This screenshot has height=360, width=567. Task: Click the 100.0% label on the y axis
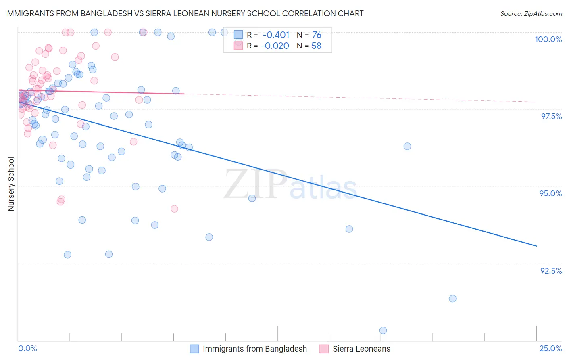(x=548, y=39)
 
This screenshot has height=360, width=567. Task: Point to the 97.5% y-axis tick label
(x=551, y=116)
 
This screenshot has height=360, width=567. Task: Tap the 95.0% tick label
(x=550, y=193)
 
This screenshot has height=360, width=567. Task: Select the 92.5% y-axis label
(x=551, y=271)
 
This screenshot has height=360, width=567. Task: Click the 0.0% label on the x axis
(x=27, y=348)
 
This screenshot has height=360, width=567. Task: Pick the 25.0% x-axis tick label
(x=550, y=348)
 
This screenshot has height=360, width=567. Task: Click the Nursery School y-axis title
(x=11, y=184)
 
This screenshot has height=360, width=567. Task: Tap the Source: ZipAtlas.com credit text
(x=531, y=13)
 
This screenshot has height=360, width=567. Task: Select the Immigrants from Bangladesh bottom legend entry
(x=254, y=349)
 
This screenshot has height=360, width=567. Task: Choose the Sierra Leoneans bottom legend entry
(x=361, y=349)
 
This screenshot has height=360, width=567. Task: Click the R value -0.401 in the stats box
(x=276, y=35)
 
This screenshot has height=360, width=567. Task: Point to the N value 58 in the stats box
(x=316, y=46)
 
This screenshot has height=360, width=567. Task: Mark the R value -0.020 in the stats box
(x=275, y=46)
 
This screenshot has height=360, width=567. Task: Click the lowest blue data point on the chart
(x=383, y=331)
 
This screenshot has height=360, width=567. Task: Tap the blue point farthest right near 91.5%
(x=452, y=299)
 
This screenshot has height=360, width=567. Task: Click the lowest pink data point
(x=174, y=209)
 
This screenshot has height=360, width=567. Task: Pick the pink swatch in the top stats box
(x=238, y=46)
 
